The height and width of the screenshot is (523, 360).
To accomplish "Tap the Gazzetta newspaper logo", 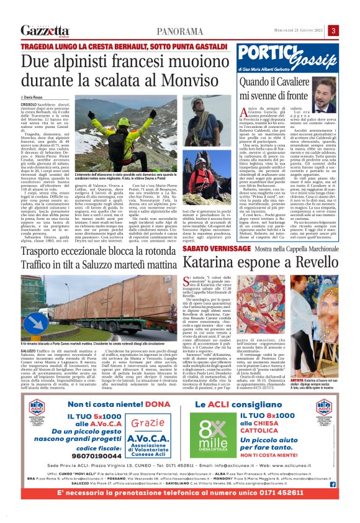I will click(45, 31).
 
